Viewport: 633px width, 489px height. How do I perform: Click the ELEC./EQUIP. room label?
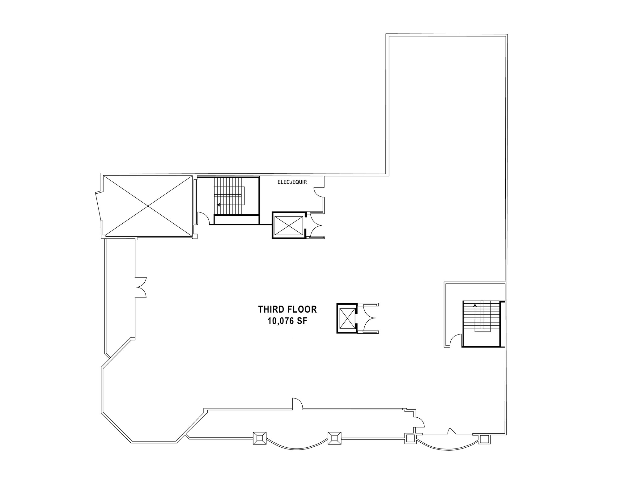292,182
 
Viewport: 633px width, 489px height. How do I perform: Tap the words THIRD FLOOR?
287,309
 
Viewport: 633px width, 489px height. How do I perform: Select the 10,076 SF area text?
287,321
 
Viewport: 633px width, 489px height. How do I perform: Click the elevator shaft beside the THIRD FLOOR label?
346,318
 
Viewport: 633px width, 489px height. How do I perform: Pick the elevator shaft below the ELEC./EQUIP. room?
288,225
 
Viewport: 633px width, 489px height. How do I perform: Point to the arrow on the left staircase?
219,204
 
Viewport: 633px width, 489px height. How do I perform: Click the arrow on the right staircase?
475,305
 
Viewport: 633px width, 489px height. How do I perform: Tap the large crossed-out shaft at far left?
148,206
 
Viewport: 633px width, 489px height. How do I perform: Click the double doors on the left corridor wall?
141,287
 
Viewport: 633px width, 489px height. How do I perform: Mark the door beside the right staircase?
456,341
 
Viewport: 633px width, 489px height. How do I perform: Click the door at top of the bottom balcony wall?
297,404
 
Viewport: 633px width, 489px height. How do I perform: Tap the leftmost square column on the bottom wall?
260,438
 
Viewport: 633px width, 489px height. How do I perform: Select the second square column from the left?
334,438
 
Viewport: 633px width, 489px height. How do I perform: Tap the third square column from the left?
410,438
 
